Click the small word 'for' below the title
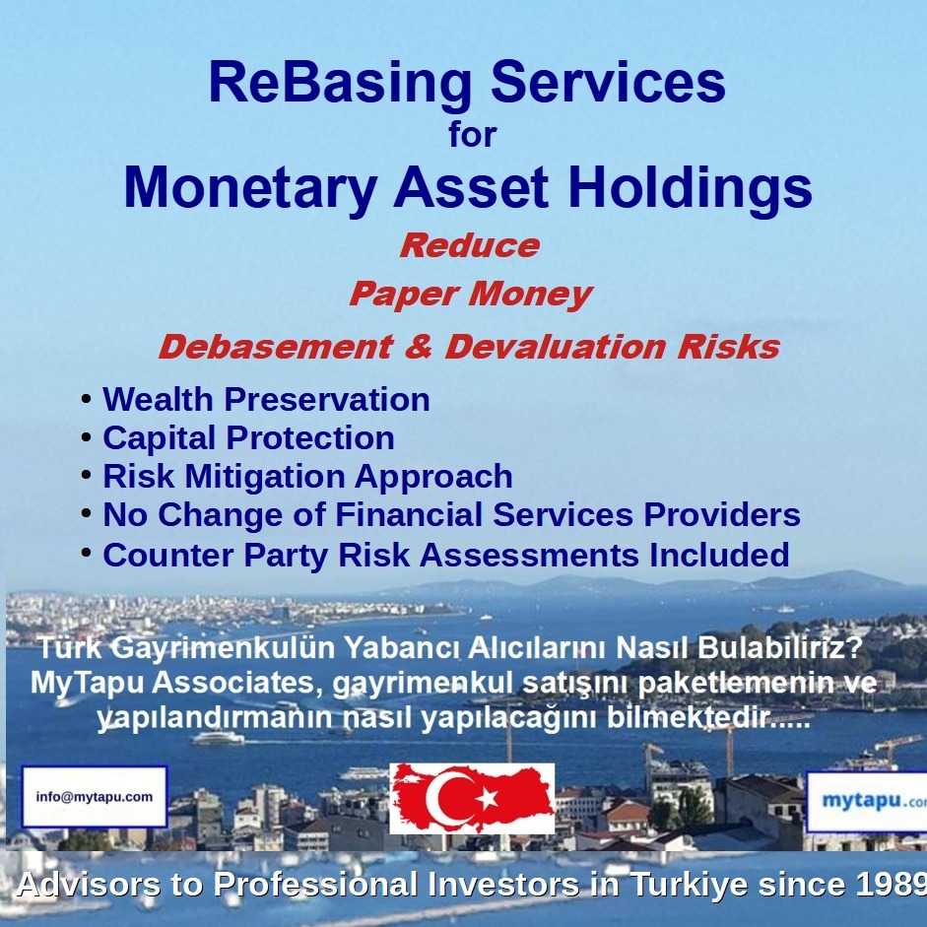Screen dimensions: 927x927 click(x=472, y=135)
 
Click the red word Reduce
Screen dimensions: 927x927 click(x=469, y=245)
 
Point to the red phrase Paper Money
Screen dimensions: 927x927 click(x=470, y=294)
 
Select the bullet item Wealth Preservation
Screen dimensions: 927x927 click(x=266, y=399)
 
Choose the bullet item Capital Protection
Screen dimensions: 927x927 click(x=248, y=437)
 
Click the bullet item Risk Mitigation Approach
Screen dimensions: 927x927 click(x=307, y=476)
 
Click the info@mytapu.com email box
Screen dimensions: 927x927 click(x=95, y=797)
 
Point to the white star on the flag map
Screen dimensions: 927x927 click(x=487, y=798)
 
